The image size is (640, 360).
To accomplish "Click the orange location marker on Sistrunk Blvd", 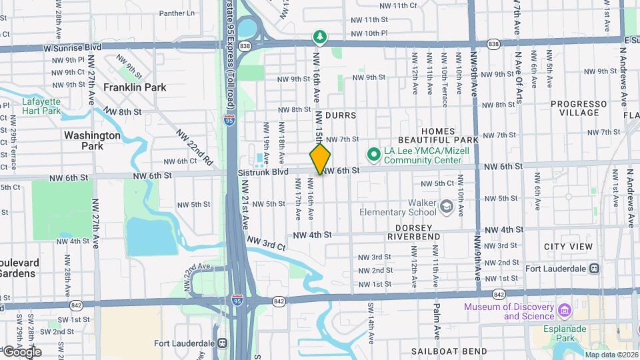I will (320, 159).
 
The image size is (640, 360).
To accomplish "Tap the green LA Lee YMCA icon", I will (373, 155).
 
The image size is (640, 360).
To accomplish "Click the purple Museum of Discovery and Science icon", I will (565, 311).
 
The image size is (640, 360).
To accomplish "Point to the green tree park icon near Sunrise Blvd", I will (320, 37).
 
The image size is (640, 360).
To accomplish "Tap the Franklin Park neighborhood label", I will (135, 87).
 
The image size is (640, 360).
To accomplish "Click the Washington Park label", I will (92, 140).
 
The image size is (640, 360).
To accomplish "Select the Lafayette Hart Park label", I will (41, 106).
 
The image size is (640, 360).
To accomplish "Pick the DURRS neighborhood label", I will (341, 115).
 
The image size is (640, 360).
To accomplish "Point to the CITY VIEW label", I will (568, 247).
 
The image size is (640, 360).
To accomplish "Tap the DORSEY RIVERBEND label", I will (413, 232).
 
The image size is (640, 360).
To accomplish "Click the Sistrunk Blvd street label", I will (263, 172).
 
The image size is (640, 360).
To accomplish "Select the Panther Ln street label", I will (177, 13).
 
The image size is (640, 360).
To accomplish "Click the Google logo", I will (21, 351).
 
